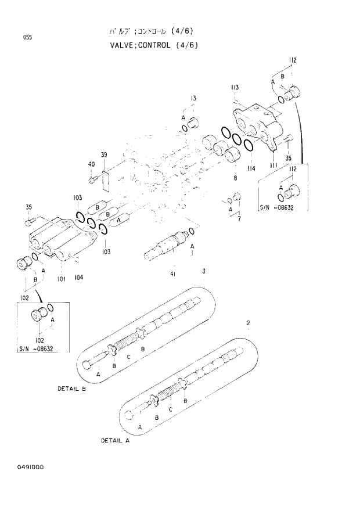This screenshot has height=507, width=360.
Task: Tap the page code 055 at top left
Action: click(27, 38)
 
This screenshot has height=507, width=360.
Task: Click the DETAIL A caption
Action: click(115, 440)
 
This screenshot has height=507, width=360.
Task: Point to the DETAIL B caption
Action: click(71, 388)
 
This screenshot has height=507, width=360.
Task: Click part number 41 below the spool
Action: click(173, 274)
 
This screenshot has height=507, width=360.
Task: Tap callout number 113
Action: click(235, 88)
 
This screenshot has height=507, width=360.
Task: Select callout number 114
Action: click(251, 169)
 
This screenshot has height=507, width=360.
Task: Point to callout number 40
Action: click(91, 164)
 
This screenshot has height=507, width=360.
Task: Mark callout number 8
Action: click(235, 177)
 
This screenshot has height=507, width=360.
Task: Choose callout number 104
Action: click(78, 277)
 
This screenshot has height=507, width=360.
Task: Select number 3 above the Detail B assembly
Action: click(203, 271)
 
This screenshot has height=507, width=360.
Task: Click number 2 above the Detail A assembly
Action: click(248, 322)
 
